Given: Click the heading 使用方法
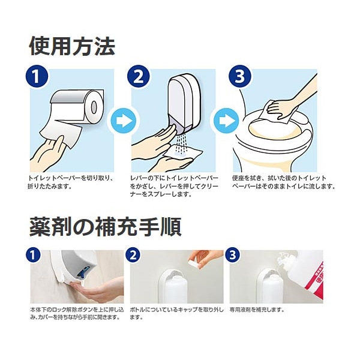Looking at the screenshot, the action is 73,47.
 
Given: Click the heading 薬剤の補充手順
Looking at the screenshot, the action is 106,227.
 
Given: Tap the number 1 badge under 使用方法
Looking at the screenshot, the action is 37,77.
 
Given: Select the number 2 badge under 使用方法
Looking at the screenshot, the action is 139,77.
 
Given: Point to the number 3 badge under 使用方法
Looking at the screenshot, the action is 240,77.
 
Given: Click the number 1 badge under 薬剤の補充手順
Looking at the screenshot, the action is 33,255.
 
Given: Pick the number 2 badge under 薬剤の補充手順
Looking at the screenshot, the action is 133,255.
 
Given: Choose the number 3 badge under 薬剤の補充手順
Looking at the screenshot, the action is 233,255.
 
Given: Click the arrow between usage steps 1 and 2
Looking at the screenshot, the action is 123,121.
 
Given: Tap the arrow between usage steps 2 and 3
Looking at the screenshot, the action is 226,121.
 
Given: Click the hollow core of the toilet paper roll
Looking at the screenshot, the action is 94,107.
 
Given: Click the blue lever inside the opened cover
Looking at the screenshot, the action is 85,271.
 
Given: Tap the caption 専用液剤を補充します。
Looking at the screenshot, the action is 257,310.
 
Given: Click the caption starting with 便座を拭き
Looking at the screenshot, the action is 284,182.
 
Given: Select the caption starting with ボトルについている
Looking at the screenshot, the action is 176,314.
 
